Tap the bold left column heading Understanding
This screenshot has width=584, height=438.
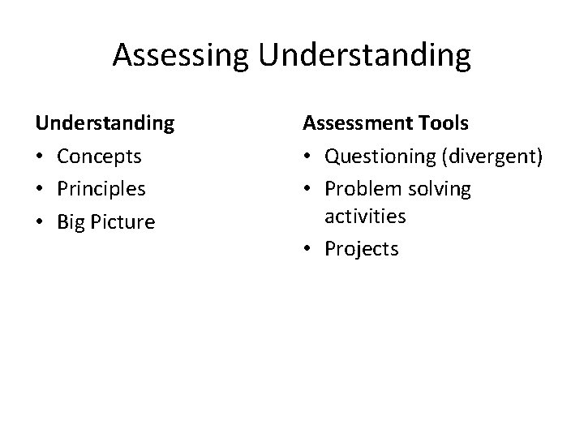(x=105, y=123)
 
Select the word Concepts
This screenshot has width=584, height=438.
(x=99, y=156)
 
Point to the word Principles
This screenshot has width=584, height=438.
(x=101, y=189)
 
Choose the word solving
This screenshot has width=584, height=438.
(x=438, y=189)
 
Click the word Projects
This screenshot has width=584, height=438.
(x=362, y=249)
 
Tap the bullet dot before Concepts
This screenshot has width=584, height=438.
(x=41, y=157)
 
